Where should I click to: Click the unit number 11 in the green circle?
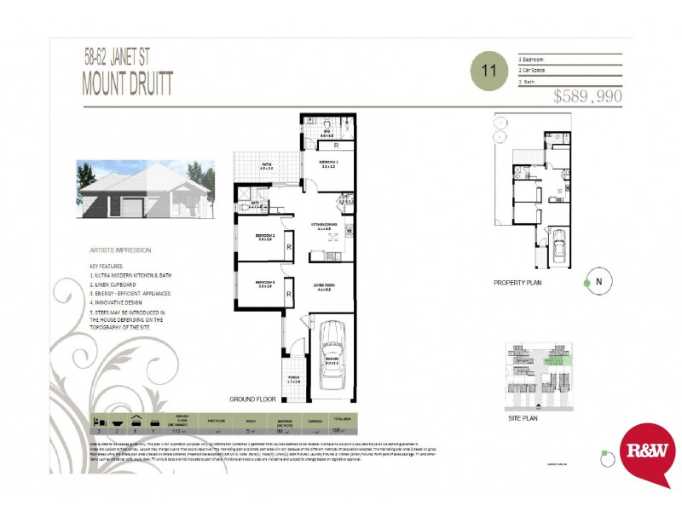488,71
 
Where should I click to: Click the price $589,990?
587,97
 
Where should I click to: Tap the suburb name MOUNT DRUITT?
127,83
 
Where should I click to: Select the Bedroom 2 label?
265,237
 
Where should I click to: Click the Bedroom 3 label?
265,283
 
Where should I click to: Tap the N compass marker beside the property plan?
599,282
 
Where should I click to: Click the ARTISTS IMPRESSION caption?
120,250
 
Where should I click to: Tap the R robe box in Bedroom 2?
290,247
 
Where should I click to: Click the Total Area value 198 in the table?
338,431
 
